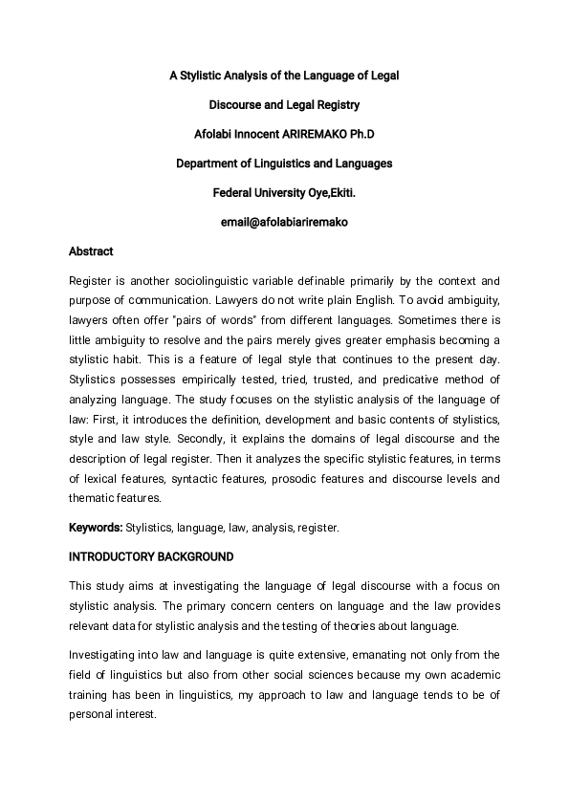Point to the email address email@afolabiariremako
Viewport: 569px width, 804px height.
(x=284, y=222)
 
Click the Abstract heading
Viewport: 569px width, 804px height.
(x=91, y=251)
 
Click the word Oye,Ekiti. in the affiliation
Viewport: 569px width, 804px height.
(x=331, y=192)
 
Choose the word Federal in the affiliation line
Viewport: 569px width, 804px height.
(x=233, y=192)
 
